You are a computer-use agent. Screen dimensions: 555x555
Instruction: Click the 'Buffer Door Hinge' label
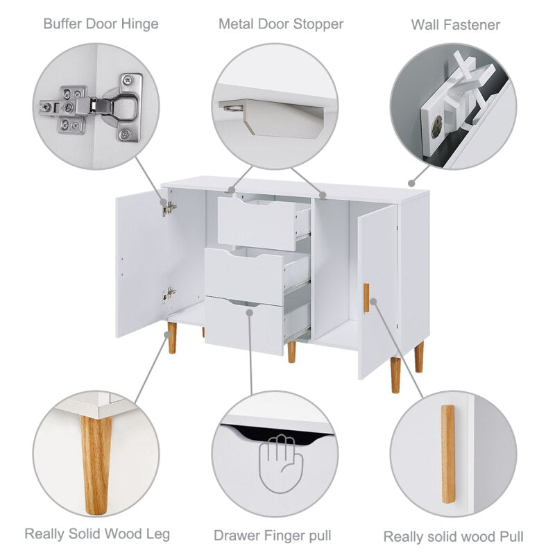click(101, 24)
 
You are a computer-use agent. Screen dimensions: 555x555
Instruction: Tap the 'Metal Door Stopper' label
click(281, 24)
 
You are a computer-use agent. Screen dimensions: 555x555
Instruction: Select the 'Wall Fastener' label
click(456, 25)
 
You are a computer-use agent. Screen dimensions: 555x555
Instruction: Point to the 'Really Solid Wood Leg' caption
click(97, 533)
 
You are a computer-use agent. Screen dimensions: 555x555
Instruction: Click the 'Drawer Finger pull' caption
click(273, 536)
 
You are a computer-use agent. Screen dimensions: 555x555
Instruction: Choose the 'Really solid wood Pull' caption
click(454, 536)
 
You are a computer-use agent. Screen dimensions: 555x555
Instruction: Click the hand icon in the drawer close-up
click(281, 463)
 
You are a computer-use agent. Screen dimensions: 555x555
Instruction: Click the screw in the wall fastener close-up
click(437, 126)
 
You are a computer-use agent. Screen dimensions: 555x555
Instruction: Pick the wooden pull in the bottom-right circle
click(447, 454)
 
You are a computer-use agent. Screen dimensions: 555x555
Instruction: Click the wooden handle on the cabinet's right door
click(366, 298)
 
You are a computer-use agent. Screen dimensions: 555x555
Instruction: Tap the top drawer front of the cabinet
click(257, 223)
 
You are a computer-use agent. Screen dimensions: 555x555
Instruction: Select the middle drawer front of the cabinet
click(244, 276)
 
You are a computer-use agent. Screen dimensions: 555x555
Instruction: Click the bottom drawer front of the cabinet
click(244, 325)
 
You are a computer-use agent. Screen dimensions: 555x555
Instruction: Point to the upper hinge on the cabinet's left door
click(169, 209)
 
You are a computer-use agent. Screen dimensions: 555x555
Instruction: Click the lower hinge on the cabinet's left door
click(169, 294)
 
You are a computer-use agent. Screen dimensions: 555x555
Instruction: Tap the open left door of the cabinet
click(142, 262)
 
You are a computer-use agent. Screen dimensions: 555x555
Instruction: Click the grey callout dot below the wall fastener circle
click(411, 183)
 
